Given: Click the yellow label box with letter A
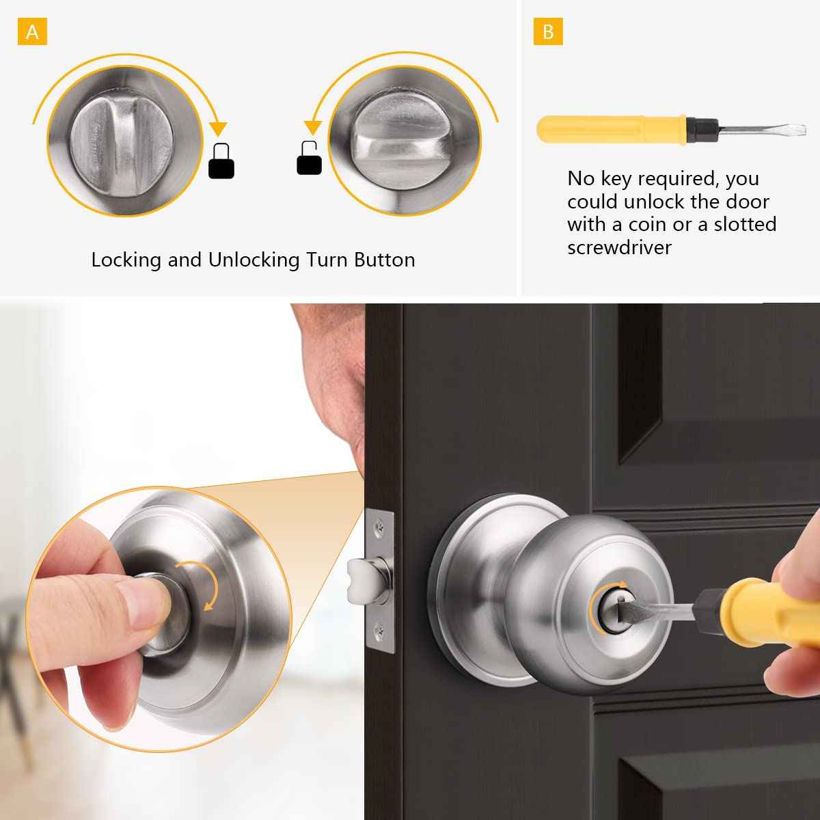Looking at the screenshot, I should pos(33,32).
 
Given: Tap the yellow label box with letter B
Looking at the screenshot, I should pos(548,32).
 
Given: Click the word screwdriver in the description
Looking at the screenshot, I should pos(619,247).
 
